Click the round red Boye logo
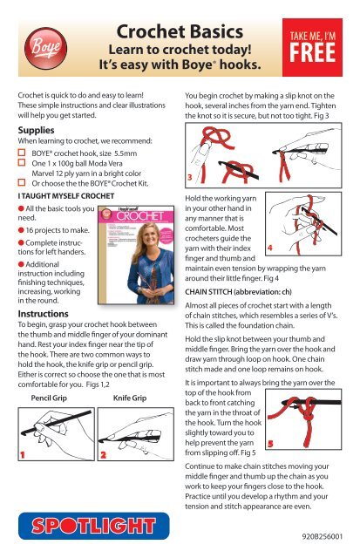click(x=45, y=48)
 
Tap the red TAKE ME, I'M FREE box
click(x=312, y=47)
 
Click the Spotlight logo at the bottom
click(x=93, y=526)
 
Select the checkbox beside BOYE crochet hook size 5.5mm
click(x=22, y=153)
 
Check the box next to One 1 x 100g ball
click(x=22, y=163)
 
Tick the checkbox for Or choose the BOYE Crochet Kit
click(x=22, y=182)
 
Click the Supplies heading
click(x=36, y=130)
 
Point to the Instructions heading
click(x=43, y=314)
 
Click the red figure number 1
click(x=23, y=454)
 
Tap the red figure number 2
click(x=103, y=454)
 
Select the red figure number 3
click(x=190, y=177)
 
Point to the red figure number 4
click(x=270, y=248)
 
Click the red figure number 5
click(x=270, y=444)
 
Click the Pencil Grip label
click(x=49, y=398)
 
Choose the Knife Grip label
click(x=130, y=398)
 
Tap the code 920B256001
click(x=322, y=536)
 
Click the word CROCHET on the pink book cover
click(x=140, y=216)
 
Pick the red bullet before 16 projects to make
click(x=21, y=230)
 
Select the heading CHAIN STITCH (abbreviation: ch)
click(x=238, y=292)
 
